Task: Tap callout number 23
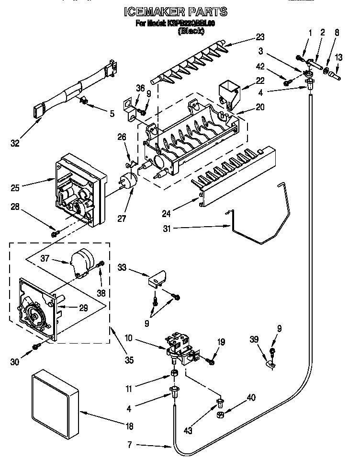coord(260,36)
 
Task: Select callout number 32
coord(15,143)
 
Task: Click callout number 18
coord(129,426)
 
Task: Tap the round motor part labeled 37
coord(82,264)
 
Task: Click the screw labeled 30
coord(36,346)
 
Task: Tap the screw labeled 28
coord(55,233)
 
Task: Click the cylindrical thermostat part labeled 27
coord(128,181)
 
